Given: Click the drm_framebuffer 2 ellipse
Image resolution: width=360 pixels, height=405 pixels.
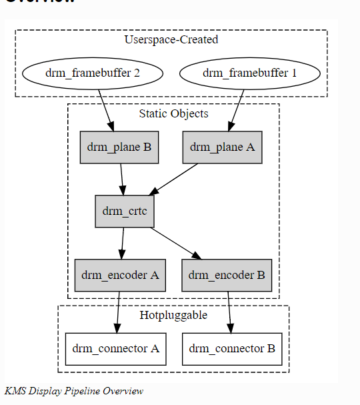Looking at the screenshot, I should click(92, 73).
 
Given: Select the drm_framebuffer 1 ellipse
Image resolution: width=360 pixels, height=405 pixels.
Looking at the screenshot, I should click(249, 73).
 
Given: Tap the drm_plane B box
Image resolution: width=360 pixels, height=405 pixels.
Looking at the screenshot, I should click(119, 147).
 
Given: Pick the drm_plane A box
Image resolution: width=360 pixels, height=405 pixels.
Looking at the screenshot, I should click(222, 147).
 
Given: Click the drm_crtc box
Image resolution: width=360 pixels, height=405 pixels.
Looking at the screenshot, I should click(125, 212).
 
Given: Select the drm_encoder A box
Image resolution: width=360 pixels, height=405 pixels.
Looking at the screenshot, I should click(120, 275).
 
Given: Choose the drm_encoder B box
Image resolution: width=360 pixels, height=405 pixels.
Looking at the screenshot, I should click(227, 275).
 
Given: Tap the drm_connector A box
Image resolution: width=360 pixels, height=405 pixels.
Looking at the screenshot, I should click(115, 348).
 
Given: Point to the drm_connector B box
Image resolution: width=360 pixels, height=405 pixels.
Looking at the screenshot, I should click(232, 348).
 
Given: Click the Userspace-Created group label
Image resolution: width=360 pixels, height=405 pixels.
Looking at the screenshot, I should click(171, 39).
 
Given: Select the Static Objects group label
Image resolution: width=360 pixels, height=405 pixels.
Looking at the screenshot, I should click(173, 113).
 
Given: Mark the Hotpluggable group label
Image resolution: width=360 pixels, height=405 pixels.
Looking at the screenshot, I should click(173, 315).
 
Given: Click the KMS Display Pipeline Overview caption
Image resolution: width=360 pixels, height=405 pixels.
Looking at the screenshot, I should click(73, 391).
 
